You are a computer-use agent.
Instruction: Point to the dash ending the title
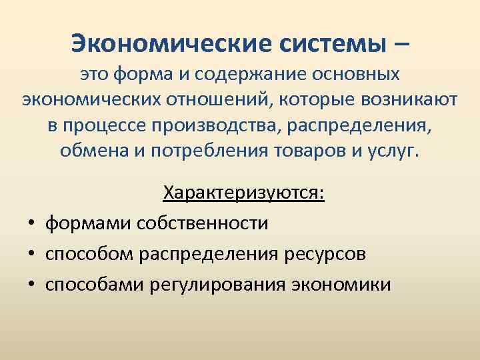(x=401, y=45)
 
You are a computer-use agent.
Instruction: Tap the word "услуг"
(x=395, y=150)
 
